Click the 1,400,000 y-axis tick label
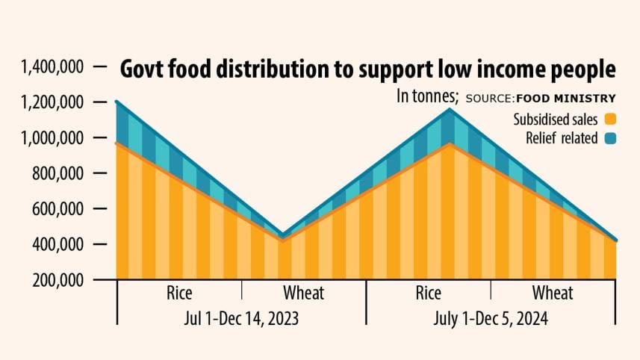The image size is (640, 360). click(52, 67)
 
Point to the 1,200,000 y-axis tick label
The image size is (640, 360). click(52, 102)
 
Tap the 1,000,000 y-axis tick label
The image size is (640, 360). click(52, 138)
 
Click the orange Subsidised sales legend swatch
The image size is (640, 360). click(610, 119)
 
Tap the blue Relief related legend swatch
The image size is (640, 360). click(610, 138)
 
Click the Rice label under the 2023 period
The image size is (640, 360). click(179, 292)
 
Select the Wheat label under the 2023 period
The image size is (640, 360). click(303, 292)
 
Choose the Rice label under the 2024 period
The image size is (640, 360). click(428, 292)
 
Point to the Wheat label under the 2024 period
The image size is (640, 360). click(553, 292)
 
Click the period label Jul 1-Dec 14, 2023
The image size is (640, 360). click(241, 318)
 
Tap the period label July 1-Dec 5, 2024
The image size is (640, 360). click(491, 318)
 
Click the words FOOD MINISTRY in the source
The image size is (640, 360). click(565, 98)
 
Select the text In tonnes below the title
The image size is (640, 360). click(427, 97)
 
